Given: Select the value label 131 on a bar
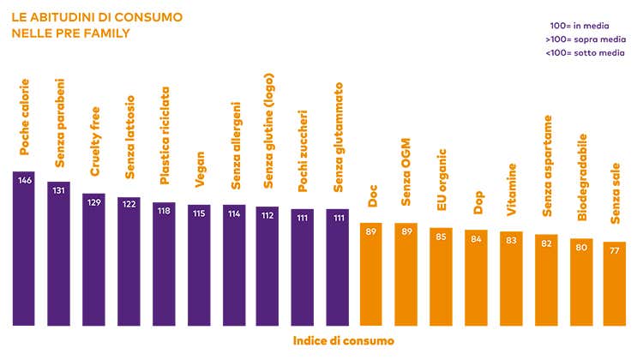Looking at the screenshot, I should pos(59,190).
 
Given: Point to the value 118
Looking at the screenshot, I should pos(164,212).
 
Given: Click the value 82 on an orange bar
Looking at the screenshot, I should pos(546,243).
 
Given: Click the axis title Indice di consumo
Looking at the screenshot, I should pos(344,341).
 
